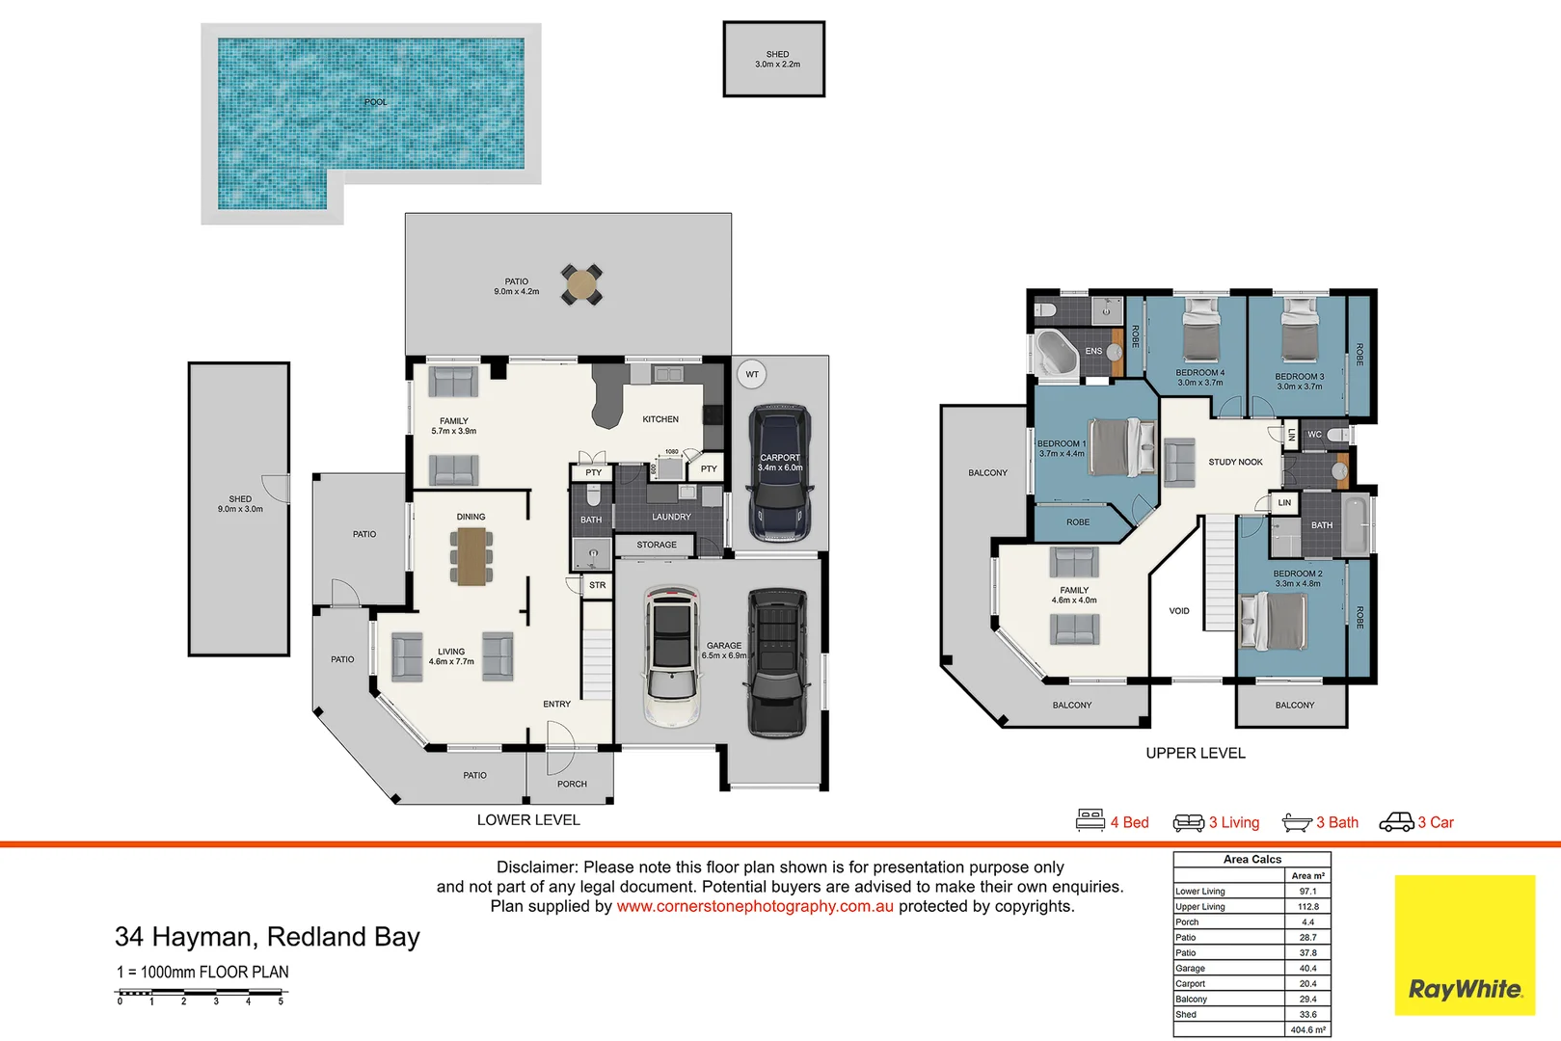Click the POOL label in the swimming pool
(x=375, y=102)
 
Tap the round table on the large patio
(x=581, y=284)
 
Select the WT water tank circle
(x=752, y=374)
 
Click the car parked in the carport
(x=780, y=472)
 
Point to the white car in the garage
(x=672, y=655)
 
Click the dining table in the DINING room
(x=471, y=556)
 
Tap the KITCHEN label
(x=660, y=419)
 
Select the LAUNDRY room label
(x=671, y=517)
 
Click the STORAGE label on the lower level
(x=657, y=545)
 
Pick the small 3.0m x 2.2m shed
(x=774, y=60)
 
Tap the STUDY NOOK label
(x=1235, y=462)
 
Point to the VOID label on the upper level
(x=1179, y=611)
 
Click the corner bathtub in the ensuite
(x=1056, y=353)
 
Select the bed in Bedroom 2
(x=1275, y=622)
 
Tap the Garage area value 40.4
(x=1307, y=968)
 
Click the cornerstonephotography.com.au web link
(x=755, y=906)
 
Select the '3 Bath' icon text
(x=1336, y=822)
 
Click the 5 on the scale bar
(x=281, y=1001)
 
